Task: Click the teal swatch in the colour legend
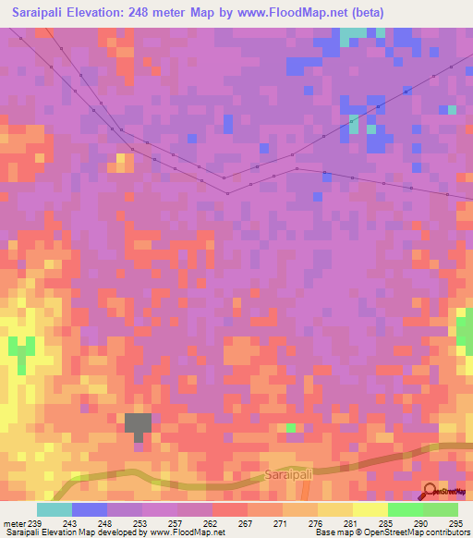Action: point(55,509)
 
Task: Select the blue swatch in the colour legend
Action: point(90,509)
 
